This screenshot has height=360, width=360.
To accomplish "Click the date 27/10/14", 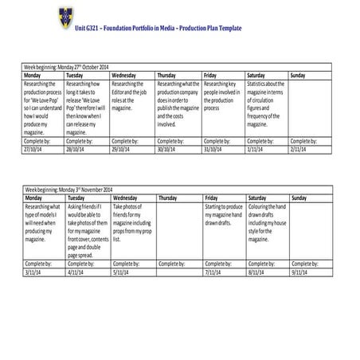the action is coord(34,147).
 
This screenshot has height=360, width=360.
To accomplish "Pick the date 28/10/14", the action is coord(77,147).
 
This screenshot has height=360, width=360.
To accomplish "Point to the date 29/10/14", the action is coord(122,147).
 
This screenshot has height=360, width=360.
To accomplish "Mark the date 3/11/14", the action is coord(33,272).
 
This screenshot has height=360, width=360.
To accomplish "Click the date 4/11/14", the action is coord(76,272).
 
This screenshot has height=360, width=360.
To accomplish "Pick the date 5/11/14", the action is coord(121,272).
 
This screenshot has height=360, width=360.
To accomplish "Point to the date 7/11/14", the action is coord(213,272).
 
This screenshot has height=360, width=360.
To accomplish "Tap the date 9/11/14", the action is coord(300,272).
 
